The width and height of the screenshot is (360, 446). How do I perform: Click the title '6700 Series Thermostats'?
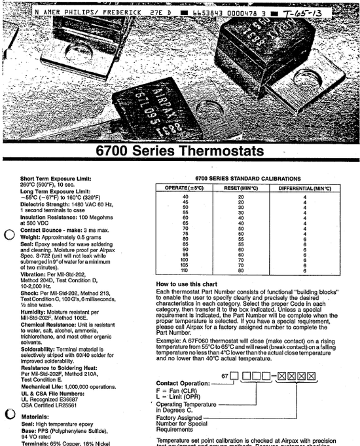point(180,151)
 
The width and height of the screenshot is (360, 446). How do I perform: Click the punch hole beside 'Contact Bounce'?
point(10,236)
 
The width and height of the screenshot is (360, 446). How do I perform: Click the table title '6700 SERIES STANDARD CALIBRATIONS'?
point(249,178)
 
